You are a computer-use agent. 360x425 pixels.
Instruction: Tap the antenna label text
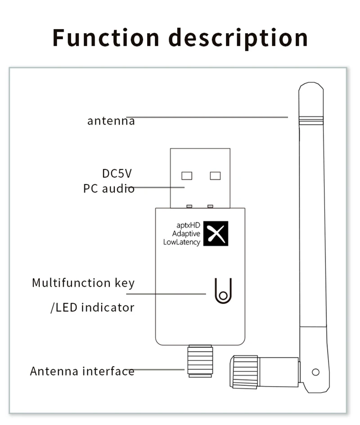111,121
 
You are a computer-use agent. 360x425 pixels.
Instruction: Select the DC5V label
117,173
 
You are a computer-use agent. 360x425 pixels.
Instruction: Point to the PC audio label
108,188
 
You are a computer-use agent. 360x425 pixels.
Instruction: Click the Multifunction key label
83,283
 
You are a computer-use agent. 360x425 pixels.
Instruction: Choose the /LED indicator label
92,308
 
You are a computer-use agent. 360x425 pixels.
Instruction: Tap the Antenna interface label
82,371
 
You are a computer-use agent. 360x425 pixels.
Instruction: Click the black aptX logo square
216,233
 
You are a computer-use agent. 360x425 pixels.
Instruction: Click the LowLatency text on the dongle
181,242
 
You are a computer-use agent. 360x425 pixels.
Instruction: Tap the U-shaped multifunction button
223,291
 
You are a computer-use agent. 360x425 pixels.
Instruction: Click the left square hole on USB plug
186,175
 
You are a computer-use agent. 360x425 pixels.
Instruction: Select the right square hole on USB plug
215,175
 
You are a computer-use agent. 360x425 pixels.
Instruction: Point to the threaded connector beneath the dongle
200,361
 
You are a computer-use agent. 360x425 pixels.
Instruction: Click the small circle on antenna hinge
315,372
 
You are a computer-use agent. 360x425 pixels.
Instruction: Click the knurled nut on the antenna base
245,371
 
